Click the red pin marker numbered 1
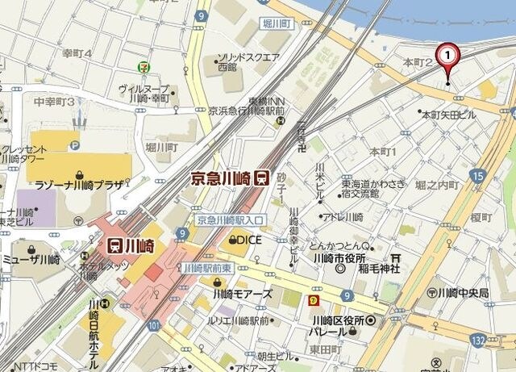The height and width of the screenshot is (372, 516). pyautogui.click(x=447, y=56)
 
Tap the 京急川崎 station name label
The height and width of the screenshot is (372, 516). pyautogui.click(x=222, y=178)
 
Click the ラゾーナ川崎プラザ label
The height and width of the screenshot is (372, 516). pyautogui.click(x=79, y=185)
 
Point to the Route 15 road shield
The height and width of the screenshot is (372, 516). pyautogui.click(x=478, y=174)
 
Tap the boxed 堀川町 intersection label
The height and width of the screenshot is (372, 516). pyautogui.click(x=277, y=24)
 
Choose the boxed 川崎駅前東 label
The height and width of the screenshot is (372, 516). pyautogui.click(x=207, y=267)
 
